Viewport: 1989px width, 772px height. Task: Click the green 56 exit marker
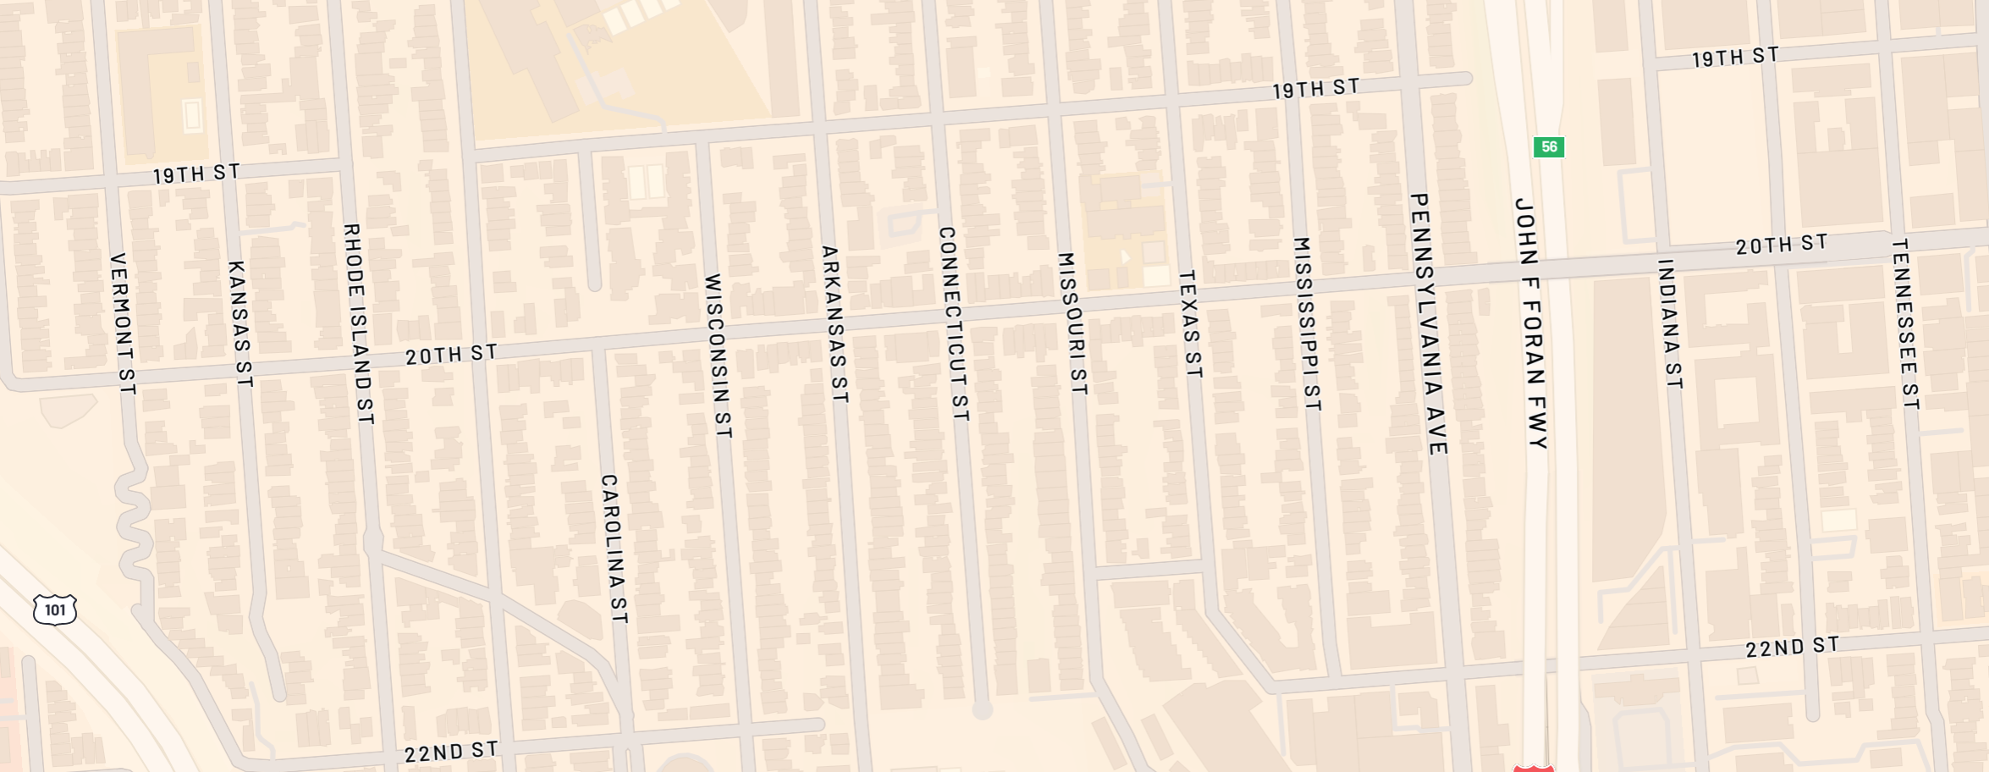[x=1548, y=147]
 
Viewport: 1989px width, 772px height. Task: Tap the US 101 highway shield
[x=55, y=609]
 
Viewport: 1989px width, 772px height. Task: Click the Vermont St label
[x=123, y=323]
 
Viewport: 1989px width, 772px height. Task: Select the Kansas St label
[x=240, y=323]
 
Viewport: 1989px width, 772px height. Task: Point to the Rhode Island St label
[x=358, y=323]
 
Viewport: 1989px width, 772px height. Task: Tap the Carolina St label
[x=613, y=549]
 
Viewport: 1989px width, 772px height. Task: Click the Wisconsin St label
[x=717, y=356]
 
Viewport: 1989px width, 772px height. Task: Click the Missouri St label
[x=1072, y=323]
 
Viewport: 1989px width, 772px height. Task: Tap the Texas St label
[x=1190, y=323]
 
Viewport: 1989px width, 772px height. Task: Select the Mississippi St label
[x=1307, y=323]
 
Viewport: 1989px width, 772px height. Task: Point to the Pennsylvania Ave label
[x=1429, y=323]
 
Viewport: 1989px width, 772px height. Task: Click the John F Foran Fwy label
[x=1530, y=323]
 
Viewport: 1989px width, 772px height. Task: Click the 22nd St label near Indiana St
[x=1792, y=648]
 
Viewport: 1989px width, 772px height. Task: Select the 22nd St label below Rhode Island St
[x=450, y=752]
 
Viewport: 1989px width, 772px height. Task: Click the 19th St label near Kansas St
[x=196, y=174]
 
